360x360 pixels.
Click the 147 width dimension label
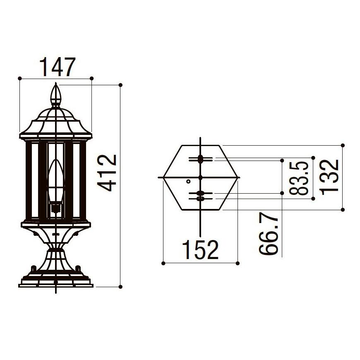pos(58,67)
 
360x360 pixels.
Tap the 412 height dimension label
pos(107,173)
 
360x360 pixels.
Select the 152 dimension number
pos(200,250)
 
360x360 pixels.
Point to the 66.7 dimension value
pos(269,233)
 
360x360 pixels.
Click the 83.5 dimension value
pos(298,178)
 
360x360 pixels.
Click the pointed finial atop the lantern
pos(56,95)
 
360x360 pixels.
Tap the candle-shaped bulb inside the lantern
pos(56,181)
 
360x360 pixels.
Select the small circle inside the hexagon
pos(188,181)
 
